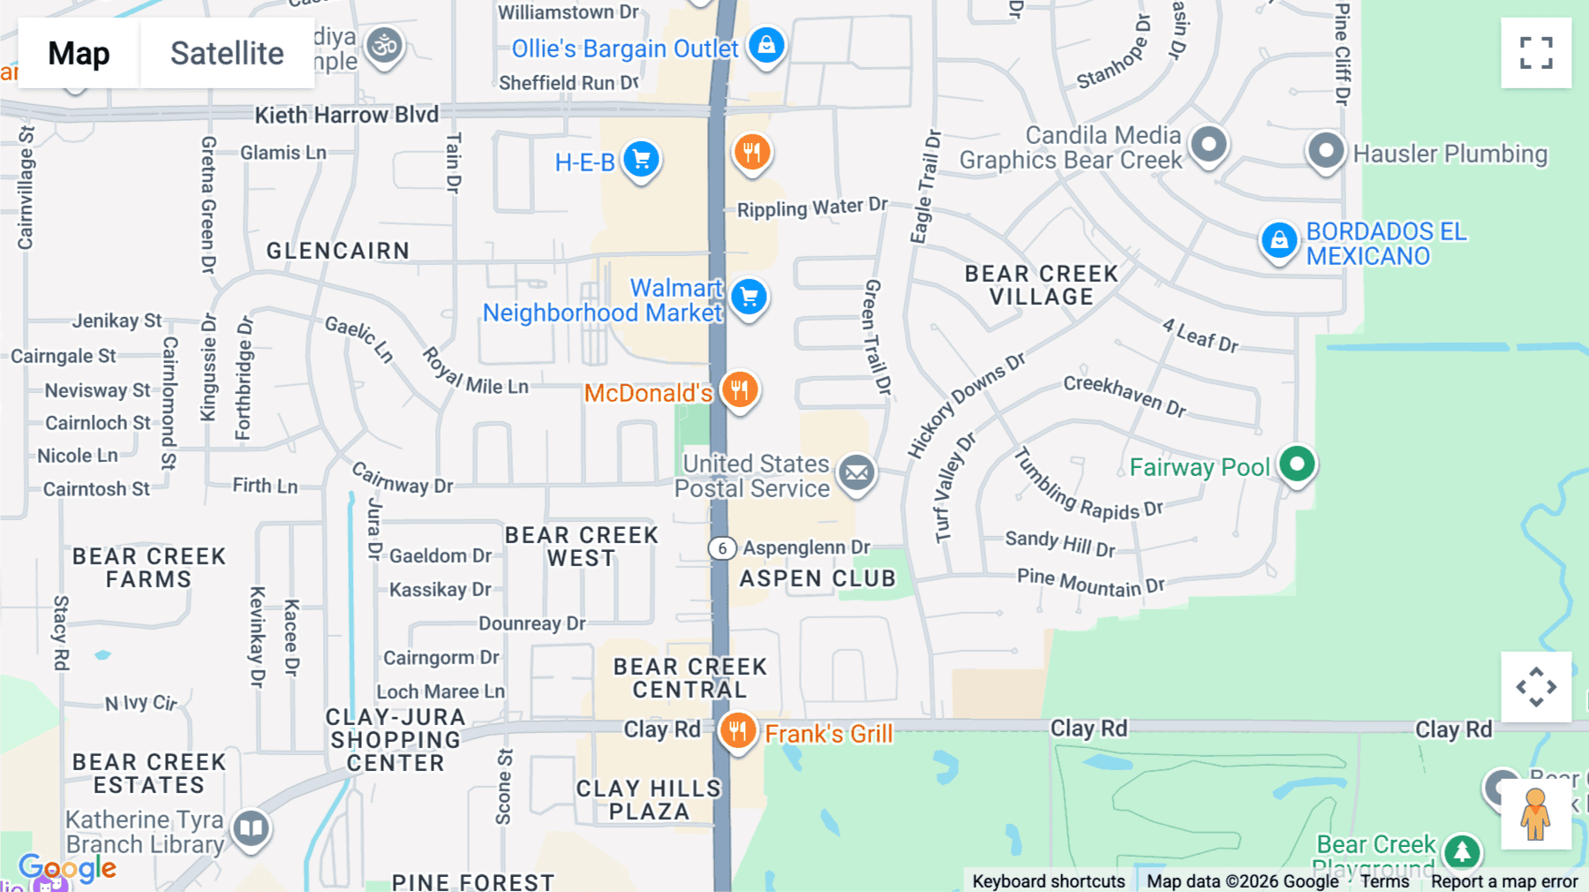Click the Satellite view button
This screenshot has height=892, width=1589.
[227, 53]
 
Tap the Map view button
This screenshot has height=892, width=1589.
[79, 53]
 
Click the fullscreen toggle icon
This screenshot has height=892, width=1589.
[1536, 53]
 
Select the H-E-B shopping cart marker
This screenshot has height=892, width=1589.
[642, 160]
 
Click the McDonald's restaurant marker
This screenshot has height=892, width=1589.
[740, 389]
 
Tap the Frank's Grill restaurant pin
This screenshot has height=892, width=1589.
[737, 731]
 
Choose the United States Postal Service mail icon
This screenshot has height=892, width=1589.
[856, 473]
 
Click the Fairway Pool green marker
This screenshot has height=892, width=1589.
[1297, 464]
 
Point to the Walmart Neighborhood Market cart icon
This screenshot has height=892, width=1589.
[749, 298]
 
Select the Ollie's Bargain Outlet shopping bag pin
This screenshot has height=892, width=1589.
[766, 44]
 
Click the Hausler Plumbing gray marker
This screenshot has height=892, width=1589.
[1325, 151]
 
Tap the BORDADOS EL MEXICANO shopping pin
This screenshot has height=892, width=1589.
[1279, 240]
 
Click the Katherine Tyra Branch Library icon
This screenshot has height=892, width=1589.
[251, 828]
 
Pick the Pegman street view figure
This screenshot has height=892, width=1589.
[1535, 813]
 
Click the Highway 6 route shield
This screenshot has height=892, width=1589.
[722, 548]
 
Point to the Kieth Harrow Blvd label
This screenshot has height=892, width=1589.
[346, 115]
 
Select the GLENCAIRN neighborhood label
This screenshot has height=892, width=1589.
[338, 251]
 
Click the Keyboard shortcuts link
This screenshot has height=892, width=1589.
[1048, 881]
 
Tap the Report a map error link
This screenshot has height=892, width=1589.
[1504, 881]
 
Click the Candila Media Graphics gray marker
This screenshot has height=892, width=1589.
[1209, 144]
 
